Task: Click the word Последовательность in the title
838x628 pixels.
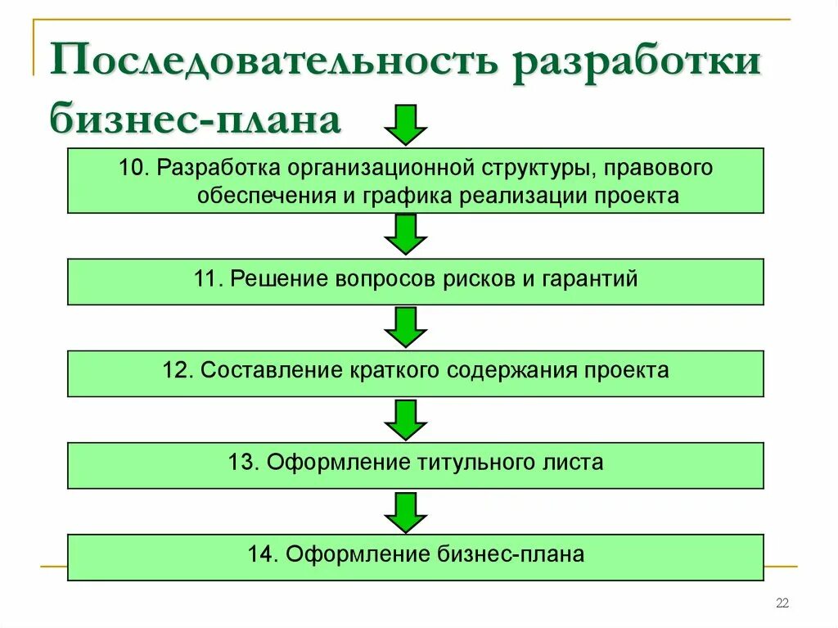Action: tap(275, 66)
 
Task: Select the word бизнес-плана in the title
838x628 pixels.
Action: tap(195, 120)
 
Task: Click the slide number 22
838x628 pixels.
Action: tap(782, 604)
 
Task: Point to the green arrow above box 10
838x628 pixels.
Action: tap(406, 124)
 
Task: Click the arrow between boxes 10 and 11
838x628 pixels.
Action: tap(406, 234)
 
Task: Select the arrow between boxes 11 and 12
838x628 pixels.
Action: tap(406, 327)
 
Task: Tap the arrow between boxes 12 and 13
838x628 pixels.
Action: tap(406, 419)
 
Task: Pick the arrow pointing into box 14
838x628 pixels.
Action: tap(406, 512)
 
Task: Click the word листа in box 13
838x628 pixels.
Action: tap(574, 463)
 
